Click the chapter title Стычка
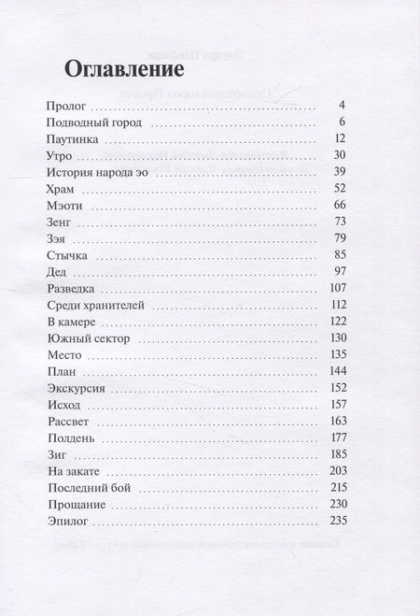[67, 255]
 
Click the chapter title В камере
[77, 322]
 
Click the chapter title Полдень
[69, 437]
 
